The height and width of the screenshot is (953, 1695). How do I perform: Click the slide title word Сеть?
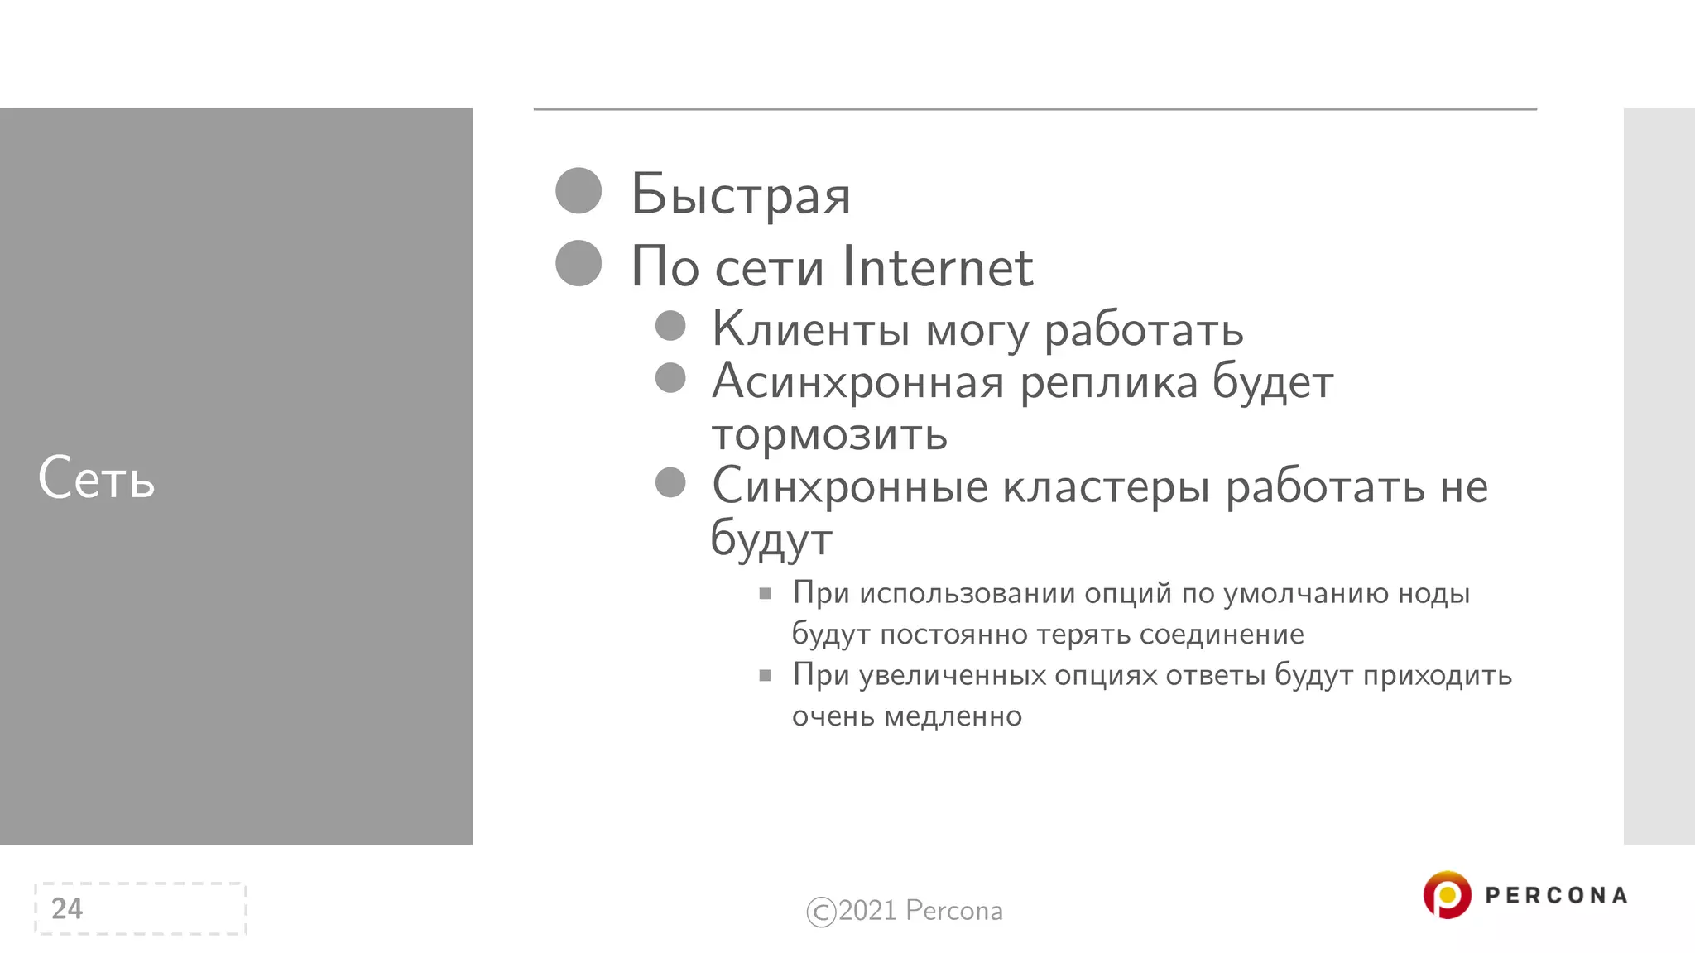(x=96, y=478)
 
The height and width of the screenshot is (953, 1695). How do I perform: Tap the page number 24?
(x=67, y=908)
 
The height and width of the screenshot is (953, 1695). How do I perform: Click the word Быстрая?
(x=741, y=195)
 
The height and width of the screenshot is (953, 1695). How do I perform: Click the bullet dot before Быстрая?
(x=579, y=191)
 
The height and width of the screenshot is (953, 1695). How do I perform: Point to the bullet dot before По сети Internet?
(x=579, y=263)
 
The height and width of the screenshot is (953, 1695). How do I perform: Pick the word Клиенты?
(x=811, y=328)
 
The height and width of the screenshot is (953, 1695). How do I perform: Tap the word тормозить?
(x=829, y=433)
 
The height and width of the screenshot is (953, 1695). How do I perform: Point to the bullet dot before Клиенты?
(x=670, y=326)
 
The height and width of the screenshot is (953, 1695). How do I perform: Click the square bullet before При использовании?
(x=766, y=593)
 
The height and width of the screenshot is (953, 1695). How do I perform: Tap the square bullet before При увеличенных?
(x=766, y=675)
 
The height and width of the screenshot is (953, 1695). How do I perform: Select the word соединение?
(x=1221, y=635)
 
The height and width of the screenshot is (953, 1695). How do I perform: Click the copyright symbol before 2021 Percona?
(x=821, y=912)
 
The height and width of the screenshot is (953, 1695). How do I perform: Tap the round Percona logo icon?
(x=1447, y=894)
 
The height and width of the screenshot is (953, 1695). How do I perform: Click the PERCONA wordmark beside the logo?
(x=1556, y=895)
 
